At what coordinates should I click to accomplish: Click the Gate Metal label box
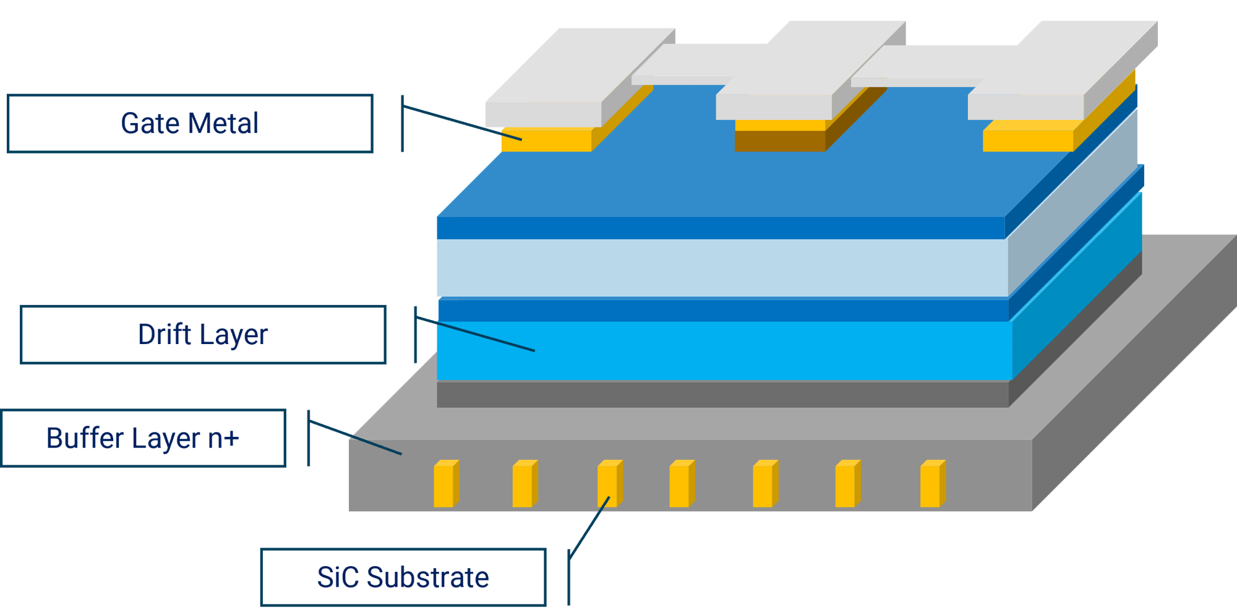pos(189,123)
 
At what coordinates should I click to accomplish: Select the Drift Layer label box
pos(203,334)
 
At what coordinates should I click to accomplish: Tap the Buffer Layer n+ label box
pos(143,438)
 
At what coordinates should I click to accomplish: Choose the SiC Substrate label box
pos(403,577)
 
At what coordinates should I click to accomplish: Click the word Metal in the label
pos(225,123)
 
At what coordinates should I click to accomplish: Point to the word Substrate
pos(427,577)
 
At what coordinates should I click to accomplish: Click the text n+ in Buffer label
pos(223,438)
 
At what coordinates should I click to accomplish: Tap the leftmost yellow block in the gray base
pos(445,485)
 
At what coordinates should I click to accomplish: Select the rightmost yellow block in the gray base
pos(931,485)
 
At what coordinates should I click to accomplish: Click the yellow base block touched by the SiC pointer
pos(609,485)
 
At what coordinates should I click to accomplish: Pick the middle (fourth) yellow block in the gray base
pos(681,485)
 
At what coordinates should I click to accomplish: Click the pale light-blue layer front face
pos(717,267)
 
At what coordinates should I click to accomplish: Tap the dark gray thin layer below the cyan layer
pos(717,394)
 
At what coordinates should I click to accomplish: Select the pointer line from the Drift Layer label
pos(476,335)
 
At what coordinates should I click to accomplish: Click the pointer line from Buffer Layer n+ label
pos(356,437)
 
